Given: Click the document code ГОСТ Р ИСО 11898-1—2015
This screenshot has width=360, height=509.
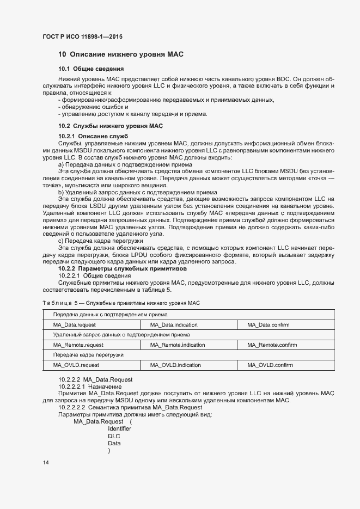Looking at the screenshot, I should point(82,36).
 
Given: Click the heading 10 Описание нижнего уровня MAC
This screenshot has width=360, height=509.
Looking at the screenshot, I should point(121,54).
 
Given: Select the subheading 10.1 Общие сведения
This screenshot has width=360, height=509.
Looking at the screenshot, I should point(91,69).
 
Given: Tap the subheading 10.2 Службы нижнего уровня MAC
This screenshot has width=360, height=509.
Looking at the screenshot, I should point(111,126).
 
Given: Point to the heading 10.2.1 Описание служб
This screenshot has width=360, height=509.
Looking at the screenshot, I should point(93,136).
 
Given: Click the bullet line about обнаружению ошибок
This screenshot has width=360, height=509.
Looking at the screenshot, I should point(93,107).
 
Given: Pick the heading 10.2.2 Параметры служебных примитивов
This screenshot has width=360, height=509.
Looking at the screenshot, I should point(123,269).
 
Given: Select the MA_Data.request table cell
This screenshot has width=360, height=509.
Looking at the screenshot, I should point(74,325).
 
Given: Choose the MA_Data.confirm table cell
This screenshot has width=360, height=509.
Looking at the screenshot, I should point(268,325).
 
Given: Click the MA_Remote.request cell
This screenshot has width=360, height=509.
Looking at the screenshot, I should point(78,345).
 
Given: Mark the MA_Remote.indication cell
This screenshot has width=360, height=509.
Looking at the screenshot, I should point(178,345).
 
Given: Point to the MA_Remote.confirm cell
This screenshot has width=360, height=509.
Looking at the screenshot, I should point(272,345).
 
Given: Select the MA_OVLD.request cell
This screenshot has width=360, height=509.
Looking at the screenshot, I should point(76,365).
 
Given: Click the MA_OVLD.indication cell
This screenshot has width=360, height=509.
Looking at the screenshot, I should point(175,365).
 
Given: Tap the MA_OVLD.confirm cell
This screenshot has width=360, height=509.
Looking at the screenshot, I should point(270,365).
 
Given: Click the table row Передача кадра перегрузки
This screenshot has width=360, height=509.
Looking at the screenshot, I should point(81,355).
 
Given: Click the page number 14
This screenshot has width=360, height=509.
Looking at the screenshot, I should point(46,463).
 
